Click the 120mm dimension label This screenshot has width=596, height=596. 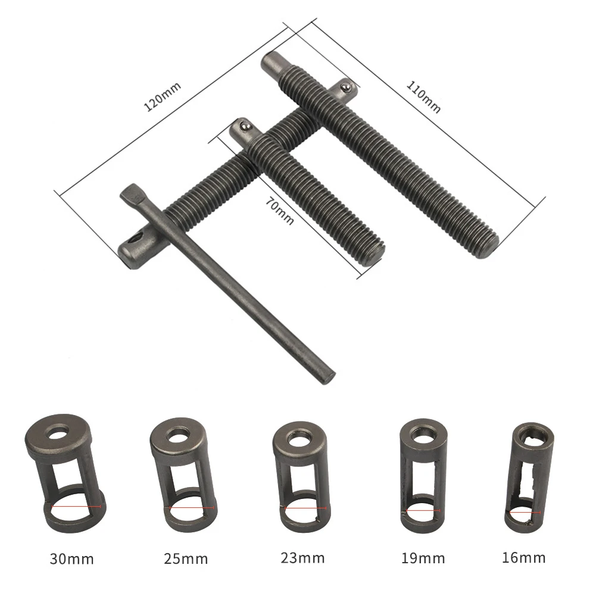click(163, 97)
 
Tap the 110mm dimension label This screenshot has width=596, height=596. click(424, 97)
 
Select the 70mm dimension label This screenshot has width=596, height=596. click(279, 211)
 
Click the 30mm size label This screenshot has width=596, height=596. click(72, 559)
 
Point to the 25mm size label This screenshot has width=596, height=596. click(186, 558)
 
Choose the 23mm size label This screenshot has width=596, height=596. click(302, 558)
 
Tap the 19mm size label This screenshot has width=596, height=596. click(423, 558)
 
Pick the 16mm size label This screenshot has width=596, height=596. click(524, 558)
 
